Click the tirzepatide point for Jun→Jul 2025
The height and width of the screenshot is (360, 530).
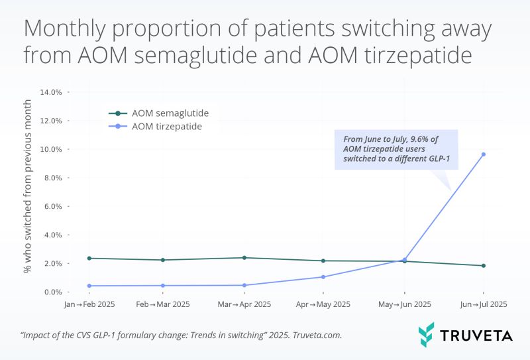[x=484, y=154]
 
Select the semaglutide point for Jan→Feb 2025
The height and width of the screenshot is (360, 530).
[x=89, y=258]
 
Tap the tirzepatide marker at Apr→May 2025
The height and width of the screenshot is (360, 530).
[x=323, y=276]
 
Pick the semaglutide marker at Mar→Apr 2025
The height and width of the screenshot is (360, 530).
[x=244, y=258]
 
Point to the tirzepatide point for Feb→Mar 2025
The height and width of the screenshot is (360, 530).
[x=163, y=286]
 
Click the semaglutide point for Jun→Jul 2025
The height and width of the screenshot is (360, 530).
[x=484, y=266]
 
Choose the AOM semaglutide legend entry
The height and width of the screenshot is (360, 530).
[x=158, y=113]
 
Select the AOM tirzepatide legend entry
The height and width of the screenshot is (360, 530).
[x=155, y=127]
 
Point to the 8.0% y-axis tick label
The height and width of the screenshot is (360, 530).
[x=53, y=178]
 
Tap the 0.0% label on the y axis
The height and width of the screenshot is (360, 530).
[x=53, y=292]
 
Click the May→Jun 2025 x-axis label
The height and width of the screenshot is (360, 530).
[x=405, y=304]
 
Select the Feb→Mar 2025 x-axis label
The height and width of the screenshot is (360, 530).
[x=163, y=304]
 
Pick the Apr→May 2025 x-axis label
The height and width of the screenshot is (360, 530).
[x=323, y=304]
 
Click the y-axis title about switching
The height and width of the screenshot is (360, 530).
[x=27, y=186]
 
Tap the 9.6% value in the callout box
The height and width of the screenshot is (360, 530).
[x=419, y=139]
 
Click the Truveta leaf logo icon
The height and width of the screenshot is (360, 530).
[x=426, y=335]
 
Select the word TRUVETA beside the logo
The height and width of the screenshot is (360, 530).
[x=476, y=335]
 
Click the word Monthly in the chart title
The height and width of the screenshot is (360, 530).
[x=64, y=29]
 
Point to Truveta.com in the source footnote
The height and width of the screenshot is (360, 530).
[x=317, y=335]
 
